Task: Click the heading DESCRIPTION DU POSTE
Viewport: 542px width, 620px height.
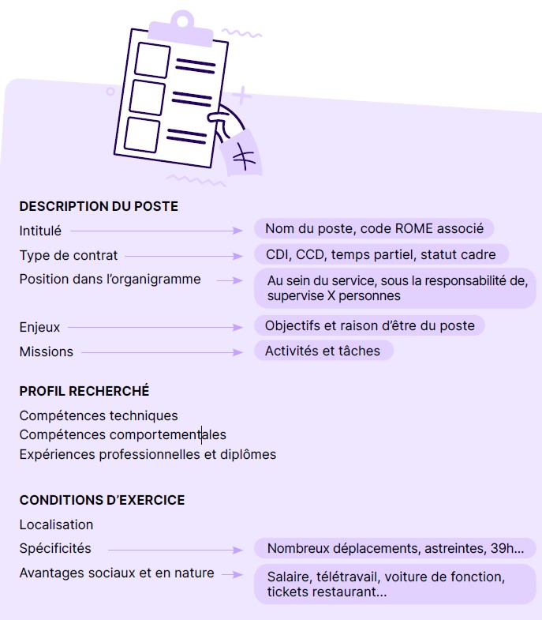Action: (99, 207)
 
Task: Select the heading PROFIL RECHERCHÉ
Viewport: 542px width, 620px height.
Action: (84, 391)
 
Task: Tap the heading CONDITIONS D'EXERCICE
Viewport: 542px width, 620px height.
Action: (102, 500)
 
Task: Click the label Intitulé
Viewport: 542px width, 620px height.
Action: (40, 231)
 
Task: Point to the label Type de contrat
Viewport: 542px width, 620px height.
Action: (69, 256)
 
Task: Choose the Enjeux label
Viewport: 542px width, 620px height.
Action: (39, 327)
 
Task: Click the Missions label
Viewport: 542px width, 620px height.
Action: (46, 351)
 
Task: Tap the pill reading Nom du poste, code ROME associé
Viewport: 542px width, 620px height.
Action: (374, 229)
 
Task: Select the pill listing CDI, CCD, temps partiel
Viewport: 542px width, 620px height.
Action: (380, 254)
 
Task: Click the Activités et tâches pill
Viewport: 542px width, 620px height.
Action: (323, 351)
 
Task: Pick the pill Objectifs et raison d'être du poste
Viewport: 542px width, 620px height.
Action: (369, 325)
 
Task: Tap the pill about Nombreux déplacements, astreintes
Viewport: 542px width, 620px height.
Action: (394, 548)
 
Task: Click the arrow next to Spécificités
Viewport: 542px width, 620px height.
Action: (175, 550)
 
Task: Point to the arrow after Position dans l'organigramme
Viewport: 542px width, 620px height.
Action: (230, 280)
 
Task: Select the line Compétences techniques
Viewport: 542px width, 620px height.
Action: (99, 415)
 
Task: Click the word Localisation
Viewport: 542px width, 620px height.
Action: (56, 524)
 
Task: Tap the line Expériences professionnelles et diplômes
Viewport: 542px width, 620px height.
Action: (148, 454)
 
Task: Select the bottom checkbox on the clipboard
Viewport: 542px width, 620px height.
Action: (142, 134)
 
